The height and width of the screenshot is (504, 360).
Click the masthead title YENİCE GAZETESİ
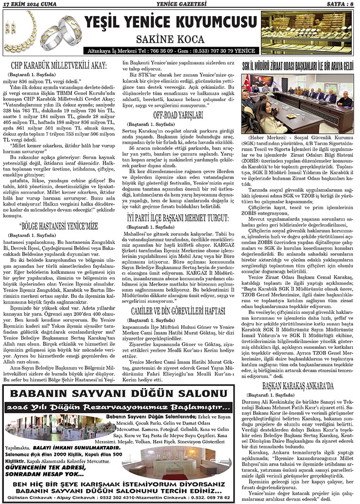point(180,5)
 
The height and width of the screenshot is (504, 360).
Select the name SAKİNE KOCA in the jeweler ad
point(170,38)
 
